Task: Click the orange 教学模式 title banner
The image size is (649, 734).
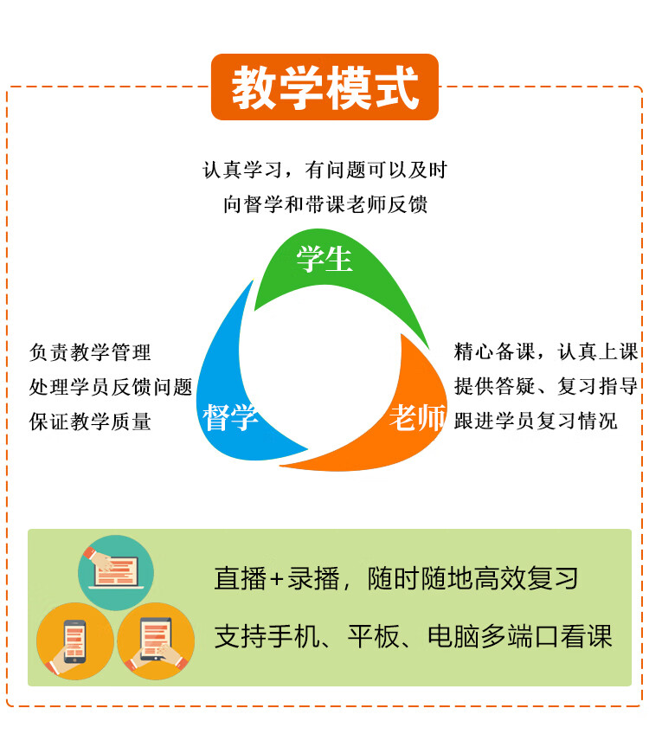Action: [x=324, y=87]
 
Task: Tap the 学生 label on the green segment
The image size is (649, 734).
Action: [x=324, y=259]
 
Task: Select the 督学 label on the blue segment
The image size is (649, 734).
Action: [x=230, y=417]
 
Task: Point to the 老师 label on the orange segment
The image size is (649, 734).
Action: [x=417, y=417]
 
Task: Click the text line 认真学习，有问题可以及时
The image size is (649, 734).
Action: [x=324, y=170]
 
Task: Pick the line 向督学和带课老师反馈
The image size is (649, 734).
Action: [x=324, y=204]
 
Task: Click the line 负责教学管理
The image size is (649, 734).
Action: [x=90, y=352]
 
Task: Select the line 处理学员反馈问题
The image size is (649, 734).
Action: [x=111, y=387]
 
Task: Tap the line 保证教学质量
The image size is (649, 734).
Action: [x=90, y=422]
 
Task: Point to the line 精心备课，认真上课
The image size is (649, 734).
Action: [x=546, y=351]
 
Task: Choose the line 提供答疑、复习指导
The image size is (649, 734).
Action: [x=546, y=386]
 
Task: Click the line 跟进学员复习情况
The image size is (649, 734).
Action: [x=536, y=421]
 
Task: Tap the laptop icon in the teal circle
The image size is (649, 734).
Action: [x=116, y=572]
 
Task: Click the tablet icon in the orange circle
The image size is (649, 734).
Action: [x=156, y=639]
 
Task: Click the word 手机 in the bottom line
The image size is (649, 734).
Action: [x=294, y=636]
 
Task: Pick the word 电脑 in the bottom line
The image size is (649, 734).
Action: [x=453, y=636]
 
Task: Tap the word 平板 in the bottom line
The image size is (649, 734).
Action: [x=374, y=636]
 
